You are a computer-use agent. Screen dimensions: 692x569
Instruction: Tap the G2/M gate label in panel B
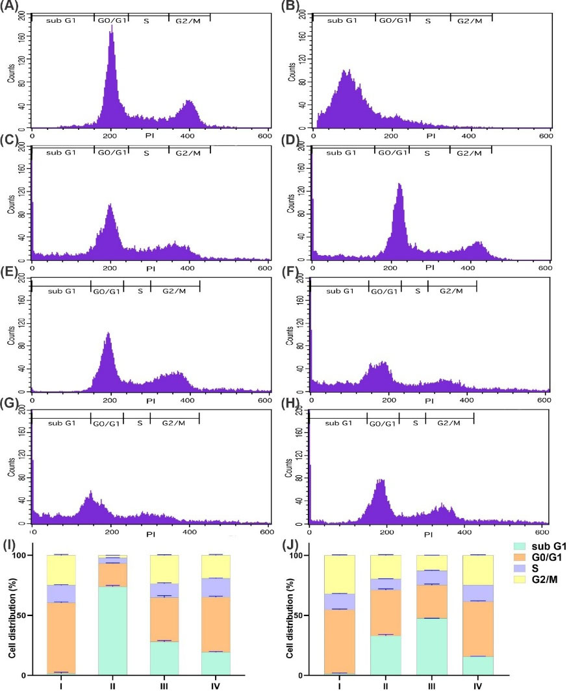click(x=470, y=21)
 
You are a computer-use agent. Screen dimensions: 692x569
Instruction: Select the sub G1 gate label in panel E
click(x=62, y=290)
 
